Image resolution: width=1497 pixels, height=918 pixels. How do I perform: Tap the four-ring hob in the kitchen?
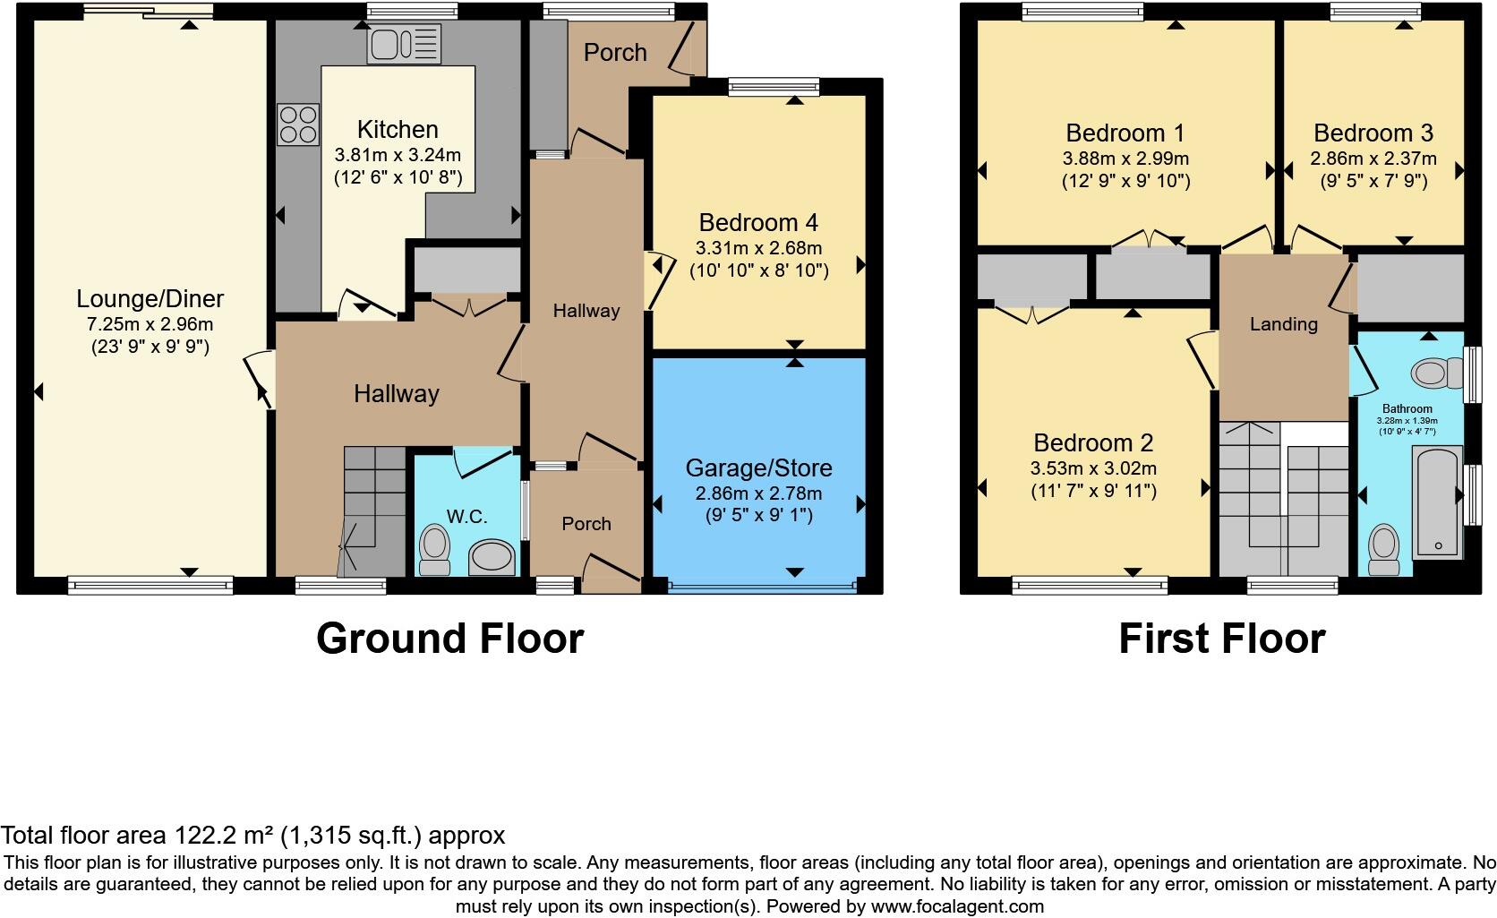tap(299, 124)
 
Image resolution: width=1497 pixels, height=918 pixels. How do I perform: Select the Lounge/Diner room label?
tap(150, 298)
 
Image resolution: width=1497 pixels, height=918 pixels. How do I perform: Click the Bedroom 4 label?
tap(758, 222)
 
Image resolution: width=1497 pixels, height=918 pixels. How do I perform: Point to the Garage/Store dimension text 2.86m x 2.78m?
tap(758, 493)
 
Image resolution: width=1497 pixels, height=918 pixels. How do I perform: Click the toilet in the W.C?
tap(435, 549)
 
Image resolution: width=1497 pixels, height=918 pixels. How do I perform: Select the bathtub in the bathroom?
tap(1436, 503)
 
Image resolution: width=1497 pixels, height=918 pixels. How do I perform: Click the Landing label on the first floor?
tap(1283, 324)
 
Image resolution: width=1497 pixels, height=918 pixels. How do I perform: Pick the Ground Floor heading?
tap(449, 639)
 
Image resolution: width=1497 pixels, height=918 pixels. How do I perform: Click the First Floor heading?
tap(1221, 639)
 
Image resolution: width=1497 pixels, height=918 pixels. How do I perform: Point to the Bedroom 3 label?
tap(1373, 133)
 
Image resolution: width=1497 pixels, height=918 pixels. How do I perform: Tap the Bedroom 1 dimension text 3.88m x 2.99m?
tap(1125, 159)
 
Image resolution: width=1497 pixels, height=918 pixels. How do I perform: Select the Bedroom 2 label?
tap(1093, 442)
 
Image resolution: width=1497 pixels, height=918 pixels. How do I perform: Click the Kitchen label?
tap(398, 129)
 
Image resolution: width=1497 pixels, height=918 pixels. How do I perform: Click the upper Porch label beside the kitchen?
tap(615, 53)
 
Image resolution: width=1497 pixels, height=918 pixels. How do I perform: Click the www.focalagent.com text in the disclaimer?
tap(957, 905)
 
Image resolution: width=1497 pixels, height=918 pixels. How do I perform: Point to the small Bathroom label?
tap(1407, 408)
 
